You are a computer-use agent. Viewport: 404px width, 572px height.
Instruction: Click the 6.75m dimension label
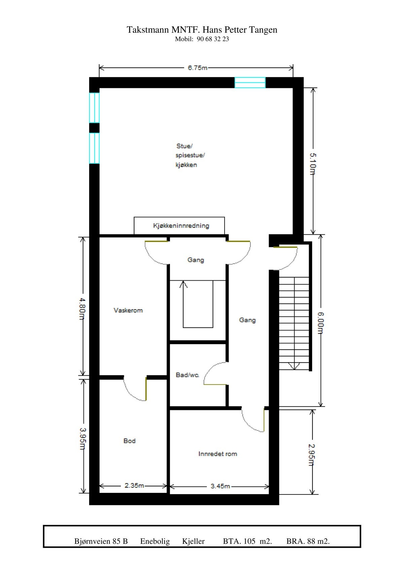(x=197, y=68)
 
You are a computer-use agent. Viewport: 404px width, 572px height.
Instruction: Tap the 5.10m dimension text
(x=312, y=164)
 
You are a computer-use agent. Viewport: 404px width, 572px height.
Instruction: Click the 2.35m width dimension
(x=134, y=485)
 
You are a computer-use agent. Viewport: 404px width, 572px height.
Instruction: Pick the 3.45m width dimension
(x=220, y=486)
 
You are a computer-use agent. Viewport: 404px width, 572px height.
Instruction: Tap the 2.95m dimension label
(x=312, y=455)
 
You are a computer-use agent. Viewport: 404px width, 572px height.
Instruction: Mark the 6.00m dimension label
(x=321, y=323)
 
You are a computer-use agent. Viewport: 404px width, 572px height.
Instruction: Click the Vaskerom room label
(x=128, y=310)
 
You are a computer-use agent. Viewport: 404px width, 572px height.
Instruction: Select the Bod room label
(x=129, y=441)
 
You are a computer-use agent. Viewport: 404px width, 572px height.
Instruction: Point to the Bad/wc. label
(x=188, y=375)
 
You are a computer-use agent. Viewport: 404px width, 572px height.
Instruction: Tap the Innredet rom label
(x=217, y=454)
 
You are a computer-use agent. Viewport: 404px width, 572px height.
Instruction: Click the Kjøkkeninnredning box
(x=179, y=226)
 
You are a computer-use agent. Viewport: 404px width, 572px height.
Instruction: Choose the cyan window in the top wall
(x=250, y=83)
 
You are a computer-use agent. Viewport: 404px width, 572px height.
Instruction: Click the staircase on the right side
(x=294, y=323)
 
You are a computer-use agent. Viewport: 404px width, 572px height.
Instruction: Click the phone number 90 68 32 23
(x=213, y=39)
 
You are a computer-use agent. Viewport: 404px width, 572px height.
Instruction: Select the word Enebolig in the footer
(x=155, y=541)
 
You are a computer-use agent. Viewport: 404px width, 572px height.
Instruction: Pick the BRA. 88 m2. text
(x=308, y=541)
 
